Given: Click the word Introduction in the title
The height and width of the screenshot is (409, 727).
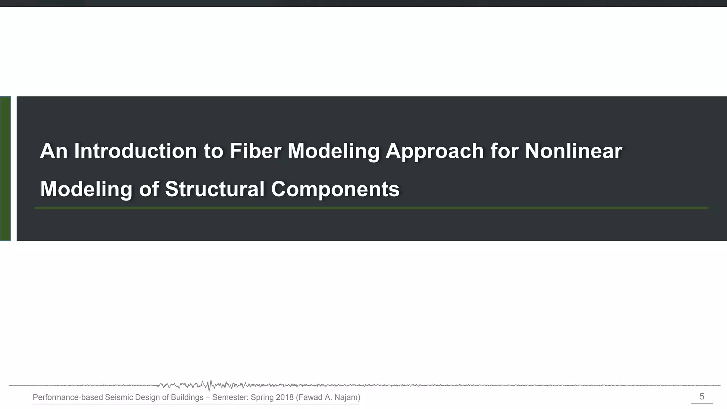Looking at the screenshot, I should click(135, 151).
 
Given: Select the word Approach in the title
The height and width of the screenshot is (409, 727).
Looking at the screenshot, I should click(434, 152).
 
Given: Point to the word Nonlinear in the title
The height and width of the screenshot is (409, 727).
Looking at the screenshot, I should click(573, 151).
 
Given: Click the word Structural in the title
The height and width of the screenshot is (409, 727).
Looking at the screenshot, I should click(214, 189).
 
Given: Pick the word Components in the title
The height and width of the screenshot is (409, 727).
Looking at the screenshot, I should click(335, 190).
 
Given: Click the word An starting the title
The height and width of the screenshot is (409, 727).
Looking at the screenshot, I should click(54, 151).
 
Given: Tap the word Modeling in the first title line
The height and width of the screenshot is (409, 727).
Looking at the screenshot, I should click(333, 152).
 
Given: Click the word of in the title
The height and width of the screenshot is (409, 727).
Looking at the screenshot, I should click(149, 189).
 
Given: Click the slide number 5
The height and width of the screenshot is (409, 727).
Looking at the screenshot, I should click(701, 397).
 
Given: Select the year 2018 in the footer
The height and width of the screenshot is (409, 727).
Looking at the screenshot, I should click(284, 397).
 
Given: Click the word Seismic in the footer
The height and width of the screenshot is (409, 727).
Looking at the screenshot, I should click(119, 397).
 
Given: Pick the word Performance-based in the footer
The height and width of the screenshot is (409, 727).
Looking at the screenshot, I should click(67, 397).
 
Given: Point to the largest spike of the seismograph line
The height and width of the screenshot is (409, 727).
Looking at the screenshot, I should click(209, 386).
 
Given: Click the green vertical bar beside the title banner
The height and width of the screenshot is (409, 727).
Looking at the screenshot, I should click(5, 169).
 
